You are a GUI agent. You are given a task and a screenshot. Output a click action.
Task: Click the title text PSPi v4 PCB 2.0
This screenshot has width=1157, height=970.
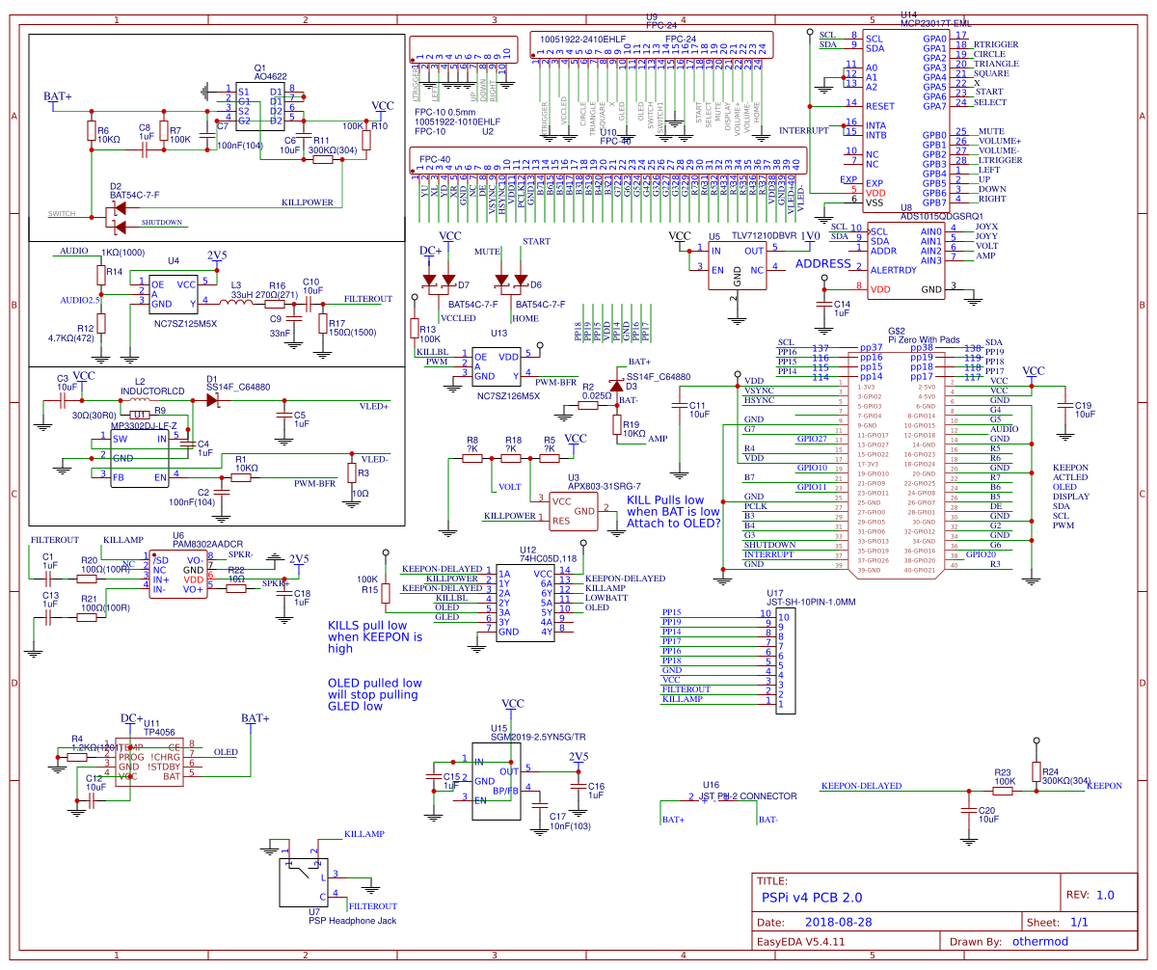click(812, 897)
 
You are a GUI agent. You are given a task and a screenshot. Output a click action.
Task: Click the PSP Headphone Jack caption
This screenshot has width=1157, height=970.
click(345, 921)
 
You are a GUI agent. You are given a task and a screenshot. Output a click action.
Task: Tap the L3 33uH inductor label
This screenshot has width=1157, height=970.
click(241, 295)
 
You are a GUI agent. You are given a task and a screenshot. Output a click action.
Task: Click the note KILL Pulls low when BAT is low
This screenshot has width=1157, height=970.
click(673, 512)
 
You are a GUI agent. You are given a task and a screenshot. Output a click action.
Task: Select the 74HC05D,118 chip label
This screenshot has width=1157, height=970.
click(548, 558)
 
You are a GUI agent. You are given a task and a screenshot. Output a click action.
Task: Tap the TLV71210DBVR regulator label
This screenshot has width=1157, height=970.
click(764, 235)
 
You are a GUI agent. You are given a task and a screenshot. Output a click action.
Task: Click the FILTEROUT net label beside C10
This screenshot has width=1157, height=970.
click(367, 299)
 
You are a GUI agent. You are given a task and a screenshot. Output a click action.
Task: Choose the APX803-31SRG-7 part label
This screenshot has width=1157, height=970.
click(605, 487)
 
